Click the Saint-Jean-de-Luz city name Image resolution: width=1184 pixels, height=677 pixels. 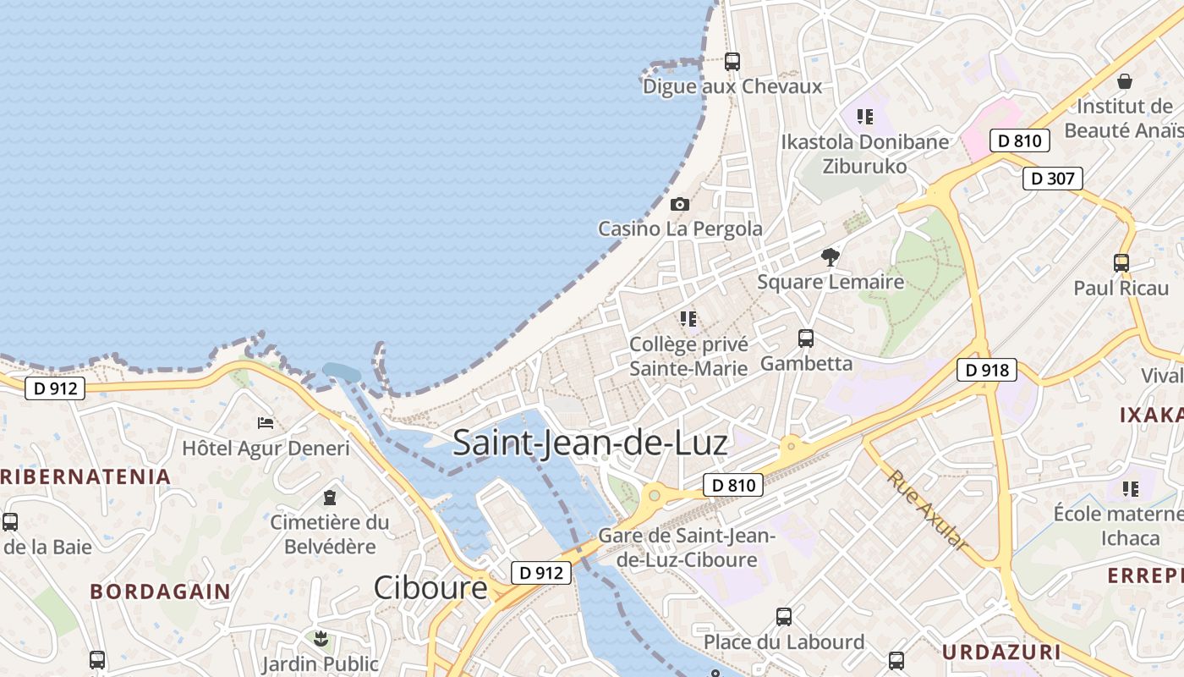pyautogui.click(x=589, y=443)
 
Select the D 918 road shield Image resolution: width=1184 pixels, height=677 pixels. pyautogui.click(x=986, y=370)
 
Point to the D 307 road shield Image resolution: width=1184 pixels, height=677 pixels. pyautogui.click(x=1052, y=179)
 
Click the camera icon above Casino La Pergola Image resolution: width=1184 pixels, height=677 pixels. pyautogui.click(x=679, y=205)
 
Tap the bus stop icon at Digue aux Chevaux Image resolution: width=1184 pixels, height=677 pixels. pyautogui.click(x=732, y=62)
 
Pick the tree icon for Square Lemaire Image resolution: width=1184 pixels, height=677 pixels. pyautogui.click(x=830, y=256)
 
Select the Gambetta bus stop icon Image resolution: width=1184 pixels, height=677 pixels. pyautogui.click(x=806, y=338)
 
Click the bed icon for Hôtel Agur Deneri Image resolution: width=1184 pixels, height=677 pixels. pyautogui.click(x=266, y=422)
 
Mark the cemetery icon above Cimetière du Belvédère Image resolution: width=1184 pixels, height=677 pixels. pyautogui.click(x=330, y=498)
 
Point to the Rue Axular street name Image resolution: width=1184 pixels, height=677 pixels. pyautogui.click(x=927, y=510)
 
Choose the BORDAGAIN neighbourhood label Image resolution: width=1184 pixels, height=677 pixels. pyautogui.click(x=160, y=592)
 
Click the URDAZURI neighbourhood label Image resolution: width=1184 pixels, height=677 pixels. pyautogui.click(x=1000, y=652)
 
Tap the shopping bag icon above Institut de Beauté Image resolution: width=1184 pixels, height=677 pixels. pyautogui.click(x=1124, y=81)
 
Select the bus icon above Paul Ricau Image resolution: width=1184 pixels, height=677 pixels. pyautogui.click(x=1121, y=263)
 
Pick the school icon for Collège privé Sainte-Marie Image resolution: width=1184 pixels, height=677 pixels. pyautogui.click(x=688, y=319)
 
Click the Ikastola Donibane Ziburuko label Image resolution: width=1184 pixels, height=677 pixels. pyautogui.click(x=864, y=154)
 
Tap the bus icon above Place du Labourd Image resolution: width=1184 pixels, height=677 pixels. pyautogui.click(x=784, y=616)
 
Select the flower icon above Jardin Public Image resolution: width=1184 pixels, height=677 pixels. pyautogui.click(x=320, y=638)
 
